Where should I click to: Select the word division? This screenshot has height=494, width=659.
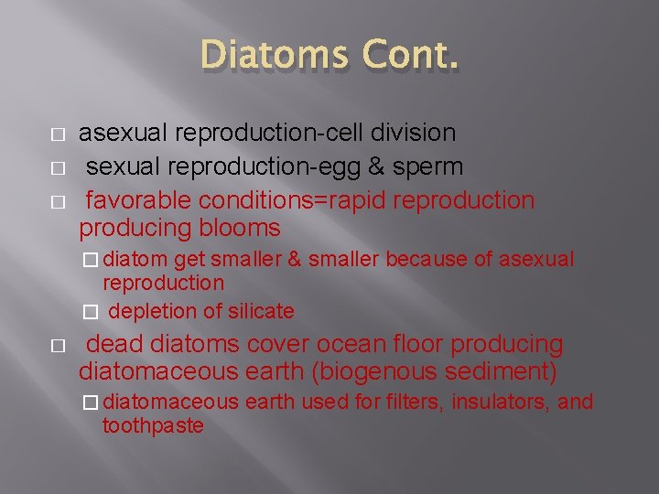tap(416, 133)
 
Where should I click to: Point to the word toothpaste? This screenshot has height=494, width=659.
tap(153, 425)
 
